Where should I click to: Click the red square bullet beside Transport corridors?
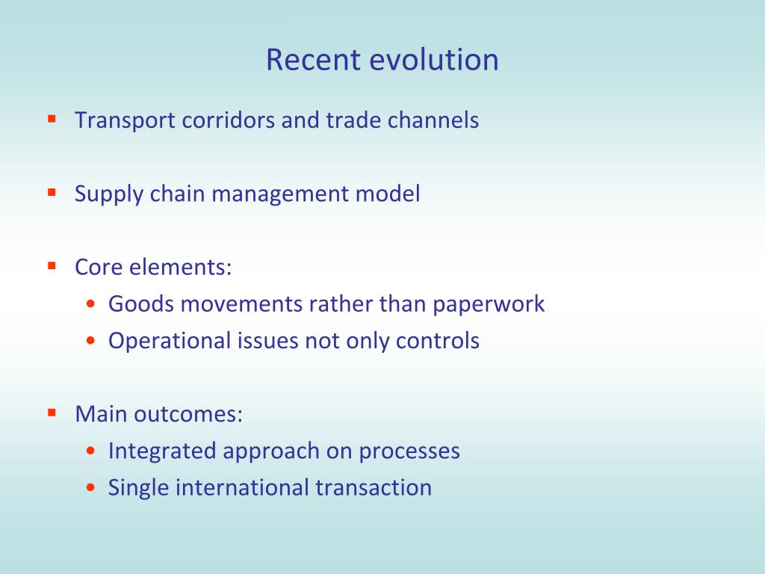(x=52, y=118)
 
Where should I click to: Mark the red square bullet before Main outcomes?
(x=52, y=412)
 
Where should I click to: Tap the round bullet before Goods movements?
(x=90, y=305)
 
